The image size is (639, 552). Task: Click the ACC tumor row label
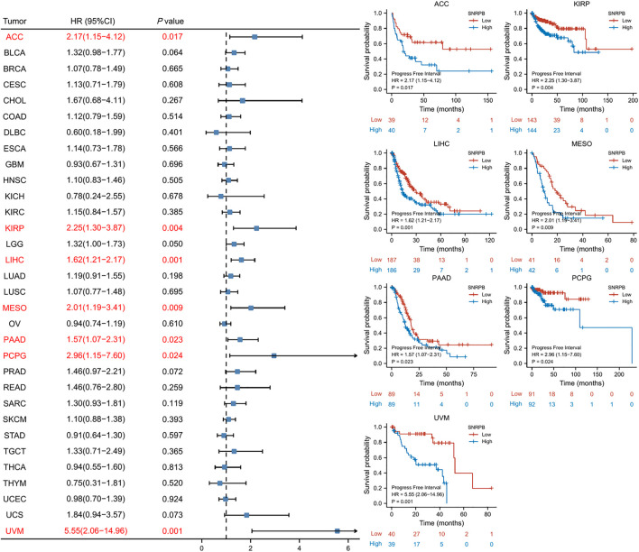tap(14, 37)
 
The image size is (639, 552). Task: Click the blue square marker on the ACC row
tap(255, 37)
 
